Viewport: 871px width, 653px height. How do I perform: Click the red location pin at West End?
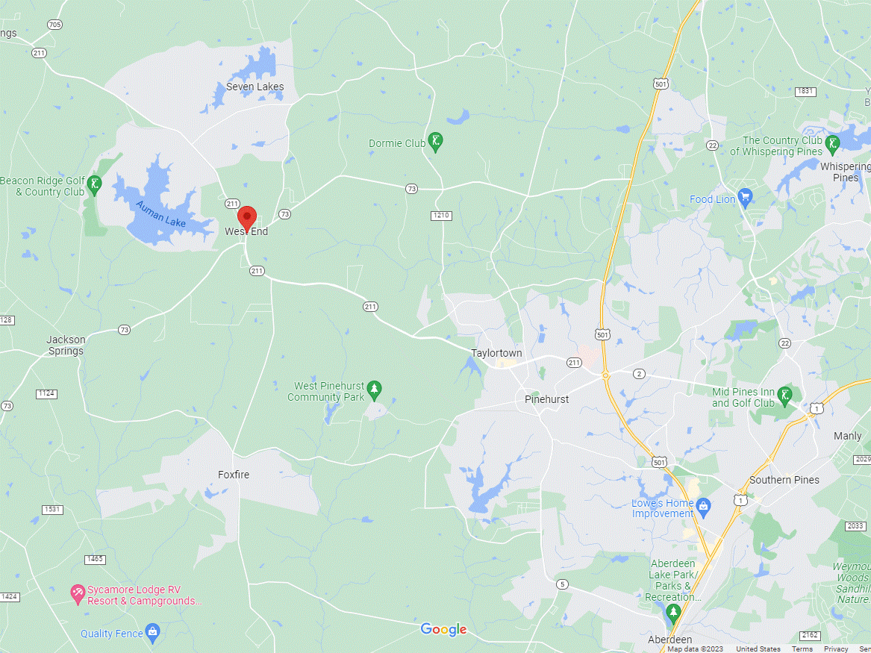coord(247,218)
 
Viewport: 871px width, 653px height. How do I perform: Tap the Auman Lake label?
coord(160,214)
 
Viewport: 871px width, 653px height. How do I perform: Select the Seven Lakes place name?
coord(255,87)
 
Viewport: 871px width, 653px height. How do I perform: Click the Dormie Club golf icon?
coord(437,143)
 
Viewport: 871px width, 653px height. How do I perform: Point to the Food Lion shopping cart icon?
coord(744,199)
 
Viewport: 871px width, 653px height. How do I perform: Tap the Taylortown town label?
coord(496,353)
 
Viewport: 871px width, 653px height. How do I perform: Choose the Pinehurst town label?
coord(546,399)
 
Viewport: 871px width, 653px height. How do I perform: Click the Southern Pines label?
coord(784,480)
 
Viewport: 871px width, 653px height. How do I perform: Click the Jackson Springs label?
coord(66,345)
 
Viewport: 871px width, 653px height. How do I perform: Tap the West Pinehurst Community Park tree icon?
coord(375,389)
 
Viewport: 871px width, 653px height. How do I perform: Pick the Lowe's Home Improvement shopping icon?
coord(703,508)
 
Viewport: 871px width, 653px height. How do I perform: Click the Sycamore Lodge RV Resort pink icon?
coord(77,595)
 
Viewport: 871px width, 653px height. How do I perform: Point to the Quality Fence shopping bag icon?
coord(153,634)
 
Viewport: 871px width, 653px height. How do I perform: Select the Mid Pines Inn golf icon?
coord(785,395)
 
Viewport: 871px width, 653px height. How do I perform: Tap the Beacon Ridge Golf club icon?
coord(95,184)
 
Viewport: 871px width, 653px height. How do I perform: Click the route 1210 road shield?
coord(442,216)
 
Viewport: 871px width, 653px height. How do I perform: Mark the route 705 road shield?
coord(54,25)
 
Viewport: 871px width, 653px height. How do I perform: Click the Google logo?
coord(443,630)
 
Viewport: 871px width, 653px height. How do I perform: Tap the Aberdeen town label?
coord(669,640)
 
